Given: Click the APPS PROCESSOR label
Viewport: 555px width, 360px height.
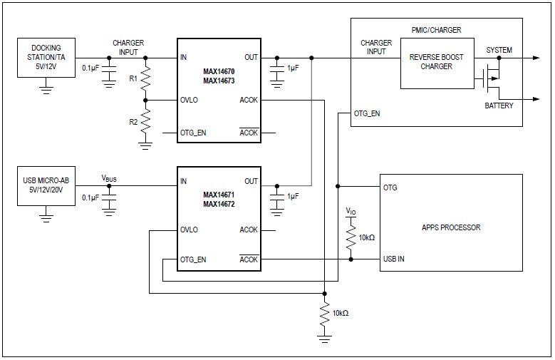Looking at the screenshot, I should click(x=452, y=227).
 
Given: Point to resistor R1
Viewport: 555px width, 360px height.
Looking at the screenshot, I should click(x=145, y=81).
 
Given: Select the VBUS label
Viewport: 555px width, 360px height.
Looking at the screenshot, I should click(x=109, y=178).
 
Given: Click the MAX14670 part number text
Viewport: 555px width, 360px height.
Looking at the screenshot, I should click(x=219, y=71).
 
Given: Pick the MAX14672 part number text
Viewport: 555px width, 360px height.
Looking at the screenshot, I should click(x=219, y=203).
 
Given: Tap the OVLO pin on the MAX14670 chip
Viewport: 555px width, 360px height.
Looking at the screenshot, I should click(x=190, y=101).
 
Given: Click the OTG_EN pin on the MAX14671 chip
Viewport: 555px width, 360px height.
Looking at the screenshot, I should click(x=194, y=259).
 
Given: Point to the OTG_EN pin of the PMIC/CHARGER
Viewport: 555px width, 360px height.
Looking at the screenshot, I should click(x=366, y=113).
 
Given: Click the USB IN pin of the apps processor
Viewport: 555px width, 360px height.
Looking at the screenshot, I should click(x=393, y=259).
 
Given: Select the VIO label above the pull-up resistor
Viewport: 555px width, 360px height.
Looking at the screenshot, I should click(x=350, y=211).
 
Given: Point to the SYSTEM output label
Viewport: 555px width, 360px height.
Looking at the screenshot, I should click(x=499, y=50).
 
